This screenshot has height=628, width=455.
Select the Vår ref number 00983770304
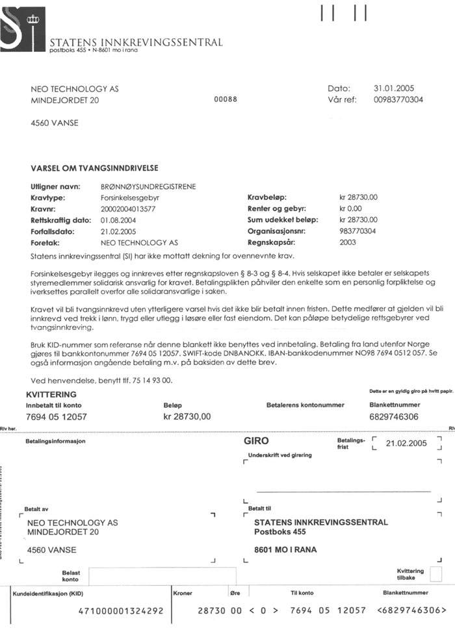[x=398, y=100]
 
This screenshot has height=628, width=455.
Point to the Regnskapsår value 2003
[x=348, y=242]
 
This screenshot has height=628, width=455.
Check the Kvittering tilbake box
[x=435, y=574]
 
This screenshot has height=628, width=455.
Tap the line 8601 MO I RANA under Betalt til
[x=285, y=550]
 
